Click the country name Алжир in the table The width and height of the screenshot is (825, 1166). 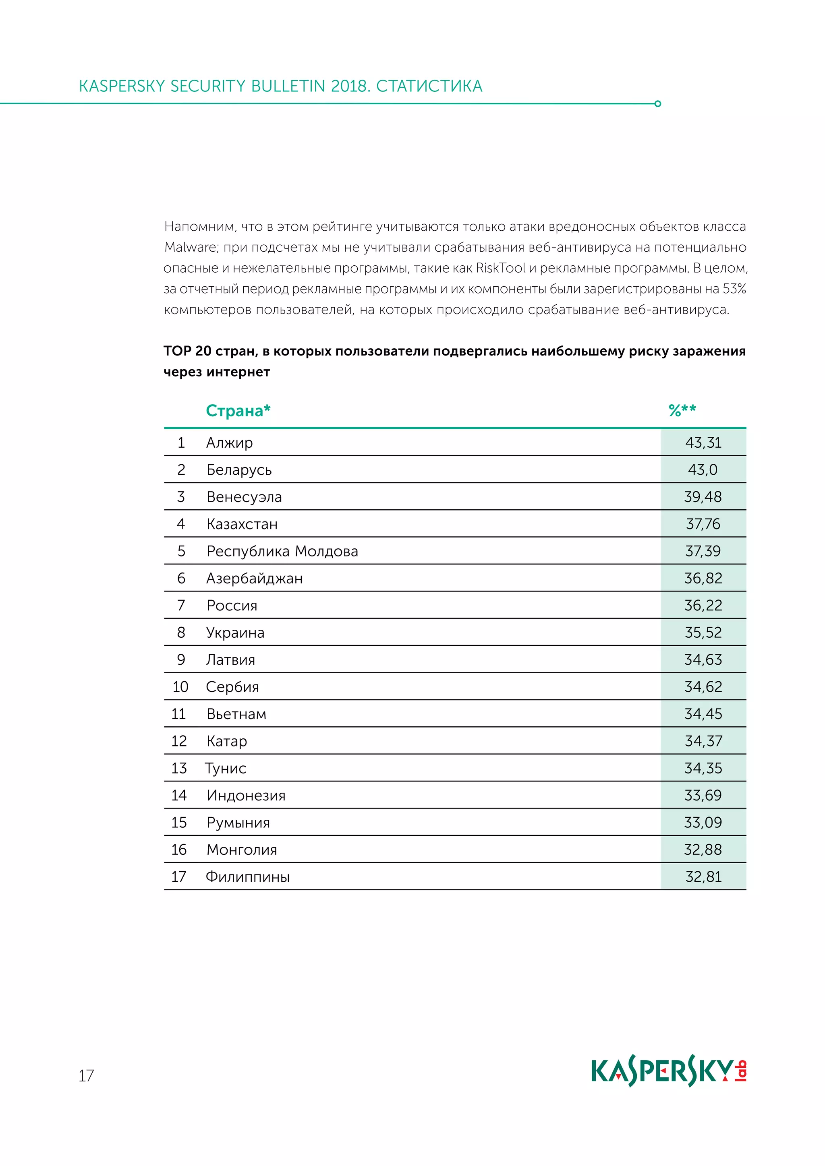(x=229, y=442)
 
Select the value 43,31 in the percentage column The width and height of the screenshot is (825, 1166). (x=703, y=442)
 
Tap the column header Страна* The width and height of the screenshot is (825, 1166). (x=238, y=410)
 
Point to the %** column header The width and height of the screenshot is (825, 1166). (x=682, y=410)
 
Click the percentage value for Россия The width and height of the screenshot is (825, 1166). (x=703, y=605)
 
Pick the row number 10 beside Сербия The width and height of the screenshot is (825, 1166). (x=180, y=687)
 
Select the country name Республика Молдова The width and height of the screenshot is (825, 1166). (x=282, y=551)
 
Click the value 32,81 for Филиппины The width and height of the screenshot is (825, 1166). (x=703, y=877)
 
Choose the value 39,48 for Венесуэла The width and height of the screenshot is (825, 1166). (x=703, y=497)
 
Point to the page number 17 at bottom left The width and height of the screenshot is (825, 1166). (x=86, y=1075)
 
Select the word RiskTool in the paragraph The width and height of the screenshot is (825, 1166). (x=500, y=268)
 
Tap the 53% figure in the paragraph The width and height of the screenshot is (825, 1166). (x=734, y=289)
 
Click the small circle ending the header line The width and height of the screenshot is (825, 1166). (x=658, y=103)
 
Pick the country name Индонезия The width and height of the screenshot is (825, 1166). (x=246, y=795)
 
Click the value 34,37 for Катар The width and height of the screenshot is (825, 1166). (x=703, y=742)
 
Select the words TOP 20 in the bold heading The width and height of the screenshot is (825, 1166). (x=187, y=351)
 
